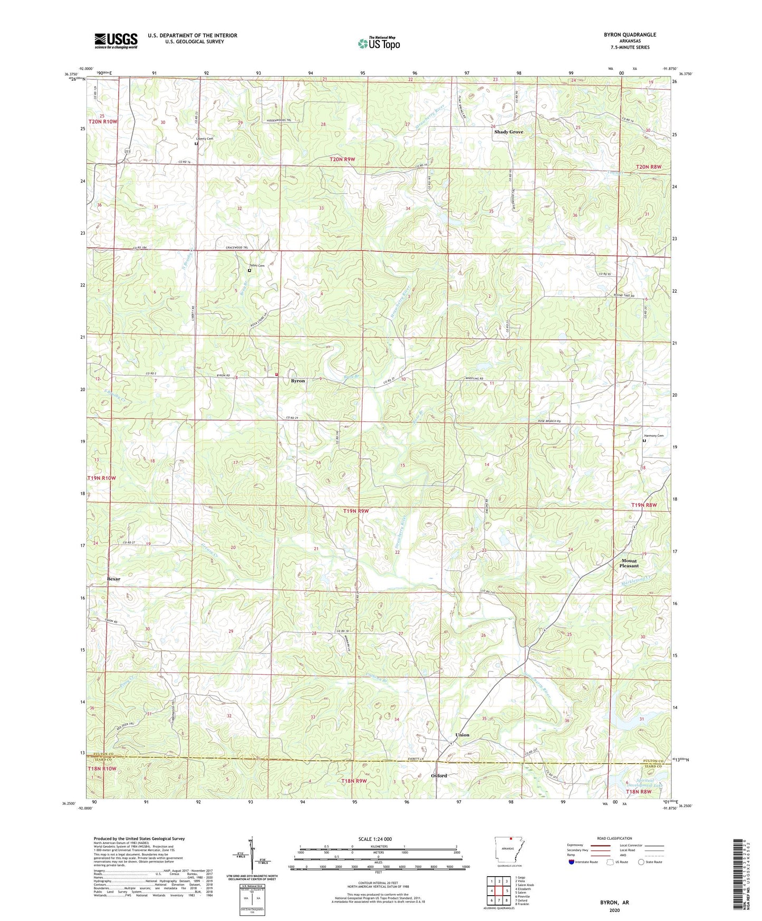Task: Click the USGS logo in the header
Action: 116,41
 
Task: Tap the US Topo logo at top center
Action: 379,43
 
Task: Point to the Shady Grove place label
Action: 508,132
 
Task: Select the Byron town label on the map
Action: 298,380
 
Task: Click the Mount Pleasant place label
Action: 629,563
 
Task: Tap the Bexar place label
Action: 113,579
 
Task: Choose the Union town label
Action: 462,735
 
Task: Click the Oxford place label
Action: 439,776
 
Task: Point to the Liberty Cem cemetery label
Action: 205,139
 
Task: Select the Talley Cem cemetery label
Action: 257,265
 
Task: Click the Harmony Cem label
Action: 653,436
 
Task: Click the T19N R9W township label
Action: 356,511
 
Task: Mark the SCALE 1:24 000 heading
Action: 374,839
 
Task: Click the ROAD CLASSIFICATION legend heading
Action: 614,838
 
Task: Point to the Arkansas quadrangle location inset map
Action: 509,850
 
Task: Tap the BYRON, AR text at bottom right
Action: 614,903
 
